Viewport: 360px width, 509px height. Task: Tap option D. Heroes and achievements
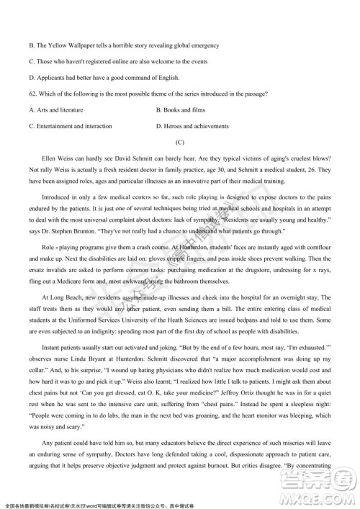click(193, 126)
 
